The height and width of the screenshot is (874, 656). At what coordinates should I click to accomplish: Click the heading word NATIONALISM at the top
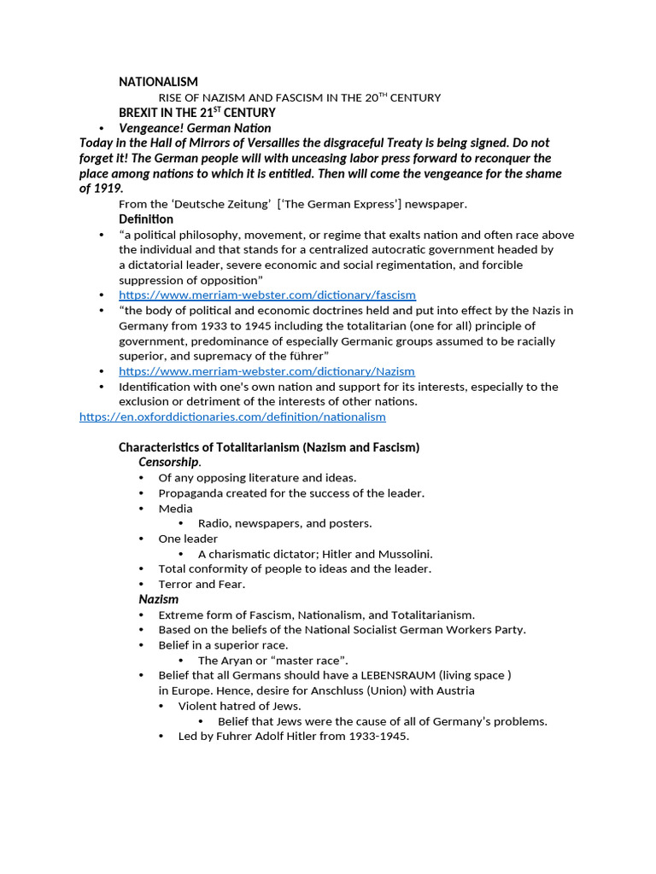(158, 82)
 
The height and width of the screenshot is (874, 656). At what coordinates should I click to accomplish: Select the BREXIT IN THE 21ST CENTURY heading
(196, 113)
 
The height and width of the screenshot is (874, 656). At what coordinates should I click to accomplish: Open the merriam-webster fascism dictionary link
(266, 294)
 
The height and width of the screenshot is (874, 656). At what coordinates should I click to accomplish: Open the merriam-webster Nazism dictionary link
(266, 371)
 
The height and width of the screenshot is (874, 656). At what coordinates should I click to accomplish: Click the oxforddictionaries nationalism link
(232, 417)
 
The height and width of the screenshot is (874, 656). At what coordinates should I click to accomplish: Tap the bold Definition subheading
(146, 219)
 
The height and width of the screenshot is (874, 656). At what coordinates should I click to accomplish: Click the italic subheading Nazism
(159, 599)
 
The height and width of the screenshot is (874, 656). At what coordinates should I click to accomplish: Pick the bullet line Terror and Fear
(202, 584)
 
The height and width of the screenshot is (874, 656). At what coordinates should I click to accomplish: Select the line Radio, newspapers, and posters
(284, 523)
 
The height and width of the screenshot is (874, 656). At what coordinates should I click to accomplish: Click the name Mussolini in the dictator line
(406, 554)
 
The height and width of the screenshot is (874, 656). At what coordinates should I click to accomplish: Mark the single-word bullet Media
(175, 509)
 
